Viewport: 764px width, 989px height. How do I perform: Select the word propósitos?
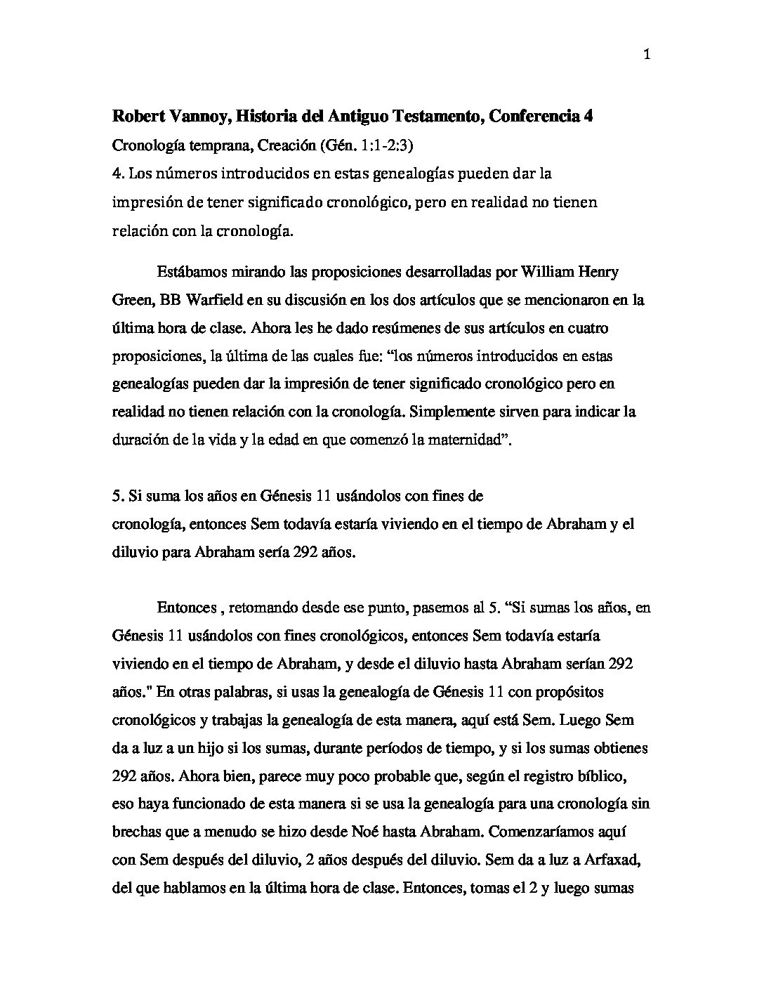tap(556, 691)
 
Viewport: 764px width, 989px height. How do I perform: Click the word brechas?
tap(136, 832)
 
